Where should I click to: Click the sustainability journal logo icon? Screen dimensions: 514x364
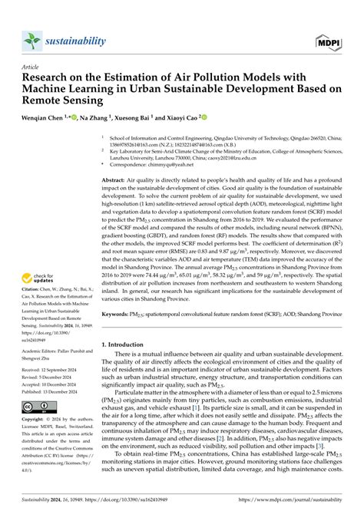pyautogui.click(x=31, y=41)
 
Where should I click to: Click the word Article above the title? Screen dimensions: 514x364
pyautogui.click(x=31, y=68)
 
